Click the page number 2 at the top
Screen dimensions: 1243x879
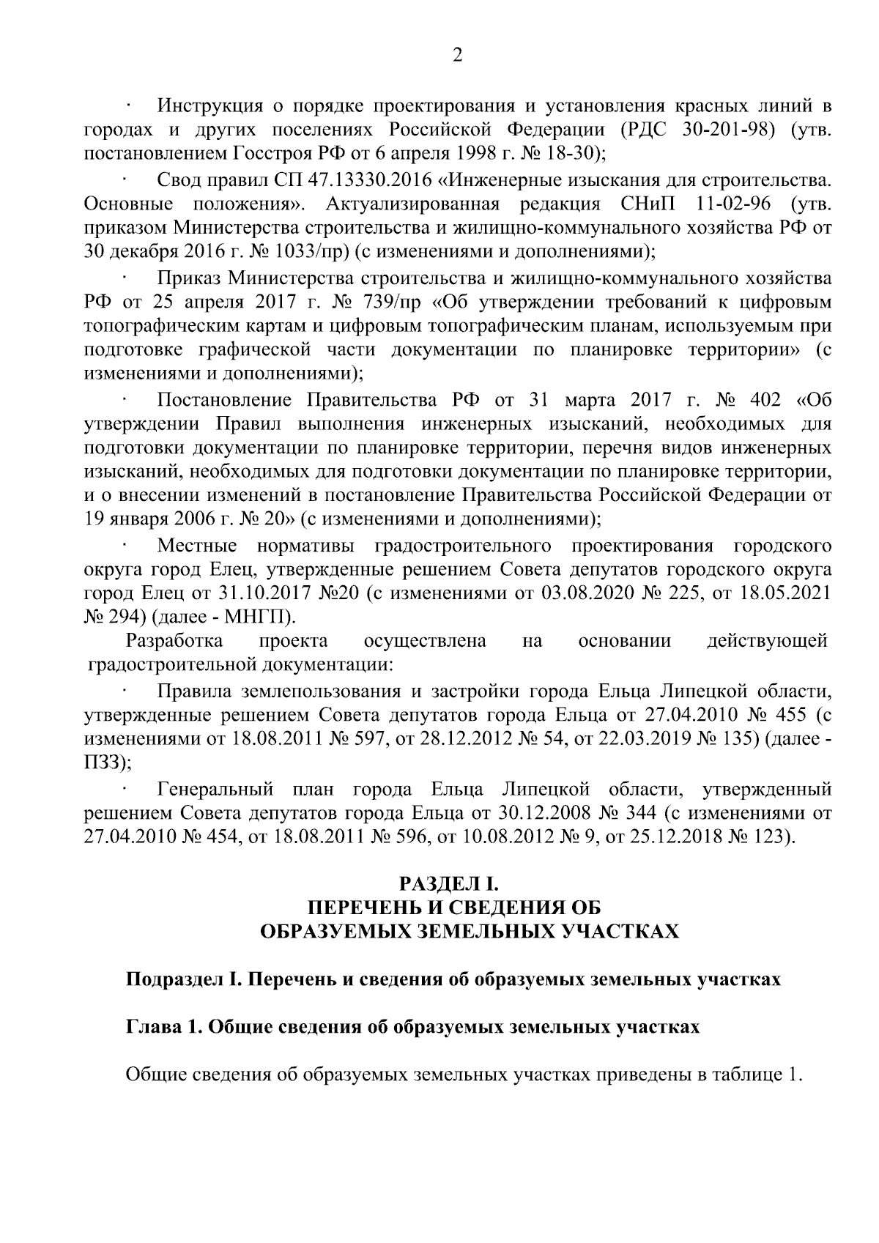457,56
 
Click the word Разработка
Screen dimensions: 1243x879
174,641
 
